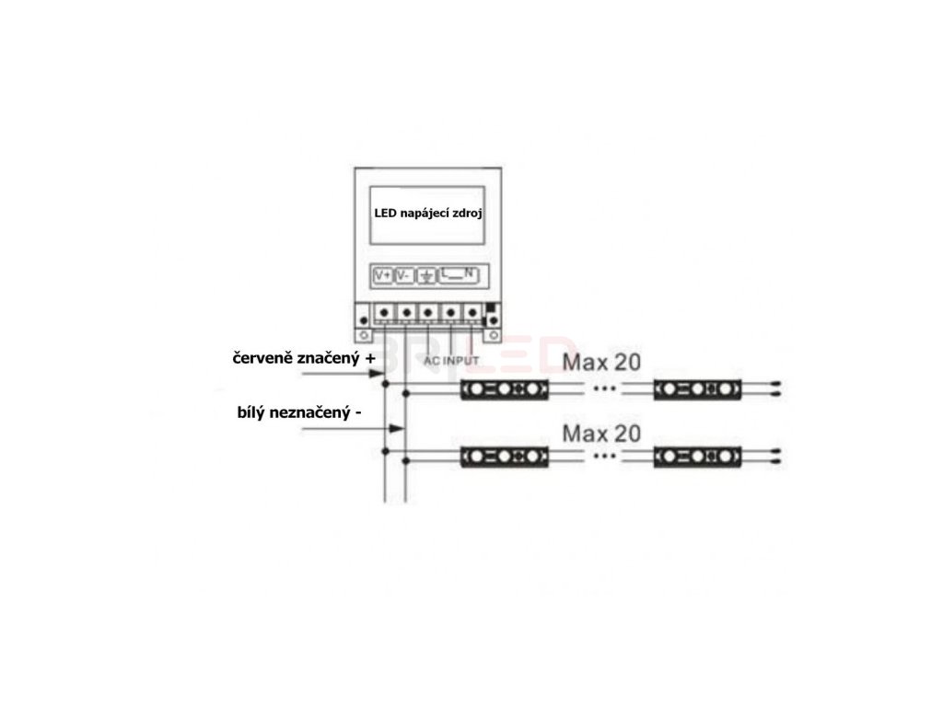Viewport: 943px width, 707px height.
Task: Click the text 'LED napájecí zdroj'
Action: (x=428, y=213)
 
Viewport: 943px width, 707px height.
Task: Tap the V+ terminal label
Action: (x=382, y=275)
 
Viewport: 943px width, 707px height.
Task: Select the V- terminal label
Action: (x=404, y=275)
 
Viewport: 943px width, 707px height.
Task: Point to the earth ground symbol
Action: (x=427, y=275)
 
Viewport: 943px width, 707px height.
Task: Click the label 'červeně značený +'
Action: (x=304, y=358)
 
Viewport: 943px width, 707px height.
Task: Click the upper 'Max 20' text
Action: (x=601, y=362)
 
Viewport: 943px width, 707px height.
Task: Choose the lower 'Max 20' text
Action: (x=601, y=433)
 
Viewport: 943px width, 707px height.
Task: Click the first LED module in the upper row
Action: (x=505, y=389)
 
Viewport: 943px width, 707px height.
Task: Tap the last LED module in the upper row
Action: (x=697, y=389)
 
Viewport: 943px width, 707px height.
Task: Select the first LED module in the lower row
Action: (x=505, y=456)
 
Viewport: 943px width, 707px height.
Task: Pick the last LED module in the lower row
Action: (x=697, y=456)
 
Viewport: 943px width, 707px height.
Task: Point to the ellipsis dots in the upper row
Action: (x=603, y=389)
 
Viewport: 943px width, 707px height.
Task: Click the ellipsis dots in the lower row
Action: (x=603, y=456)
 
